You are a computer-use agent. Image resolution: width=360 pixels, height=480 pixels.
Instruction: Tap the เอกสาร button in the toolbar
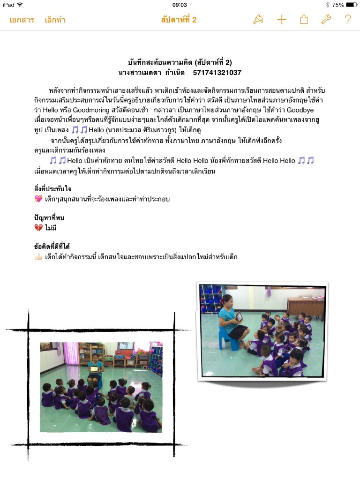coord(22,20)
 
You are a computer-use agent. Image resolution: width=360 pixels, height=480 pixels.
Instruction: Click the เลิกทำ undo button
coord(55,20)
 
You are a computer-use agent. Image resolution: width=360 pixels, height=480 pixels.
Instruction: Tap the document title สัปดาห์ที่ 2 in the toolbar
coord(179,20)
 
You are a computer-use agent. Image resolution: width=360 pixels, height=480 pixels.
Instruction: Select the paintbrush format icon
coord(258,19)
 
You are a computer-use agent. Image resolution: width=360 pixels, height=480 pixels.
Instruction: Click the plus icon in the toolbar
coord(281,19)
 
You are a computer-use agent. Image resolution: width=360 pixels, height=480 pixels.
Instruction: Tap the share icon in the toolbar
coord(304,19)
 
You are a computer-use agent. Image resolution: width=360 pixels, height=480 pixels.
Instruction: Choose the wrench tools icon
coord(326,19)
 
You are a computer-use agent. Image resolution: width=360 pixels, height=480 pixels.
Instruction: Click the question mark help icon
coord(348,19)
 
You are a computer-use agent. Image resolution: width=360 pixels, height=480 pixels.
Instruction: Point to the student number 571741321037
coord(217,73)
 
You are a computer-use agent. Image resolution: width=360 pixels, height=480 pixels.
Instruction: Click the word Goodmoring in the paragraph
coord(91,110)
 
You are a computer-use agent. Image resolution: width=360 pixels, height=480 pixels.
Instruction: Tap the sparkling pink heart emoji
coord(39,199)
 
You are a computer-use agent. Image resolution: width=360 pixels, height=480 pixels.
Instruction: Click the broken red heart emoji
coord(39,227)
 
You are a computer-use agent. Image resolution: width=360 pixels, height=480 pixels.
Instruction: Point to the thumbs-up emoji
coord(39,256)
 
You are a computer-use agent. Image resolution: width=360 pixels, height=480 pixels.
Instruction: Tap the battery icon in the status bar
coord(351,5)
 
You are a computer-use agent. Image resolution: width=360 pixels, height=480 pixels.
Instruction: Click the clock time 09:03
coord(180,5)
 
